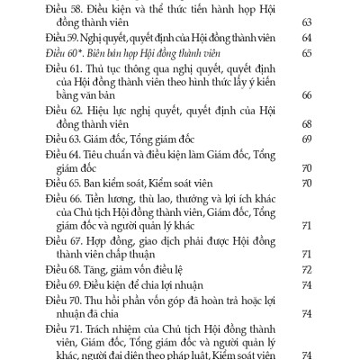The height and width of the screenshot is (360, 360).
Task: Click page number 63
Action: pyautogui.click(x=306, y=22)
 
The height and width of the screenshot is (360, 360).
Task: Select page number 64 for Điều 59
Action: pyautogui.click(x=306, y=39)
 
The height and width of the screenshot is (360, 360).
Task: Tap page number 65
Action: pyautogui.click(x=306, y=54)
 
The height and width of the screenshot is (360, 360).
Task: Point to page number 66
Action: pyautogui.click(x=306, y=94)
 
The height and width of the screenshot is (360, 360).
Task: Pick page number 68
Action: pyautogui.click(x=306, y=123)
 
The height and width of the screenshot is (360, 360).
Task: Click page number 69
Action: pyautogui.click(x=306, y=139)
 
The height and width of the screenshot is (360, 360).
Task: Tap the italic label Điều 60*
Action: pyautogui.click(x=64, y=54)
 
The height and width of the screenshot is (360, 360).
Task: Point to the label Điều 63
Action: pyautogui.click(x=63, y=139)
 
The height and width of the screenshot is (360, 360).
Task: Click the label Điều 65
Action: pyautogui.click(x=63, y=183)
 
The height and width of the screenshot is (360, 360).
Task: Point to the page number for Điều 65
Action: pyautogui.click(x=306, y=183)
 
